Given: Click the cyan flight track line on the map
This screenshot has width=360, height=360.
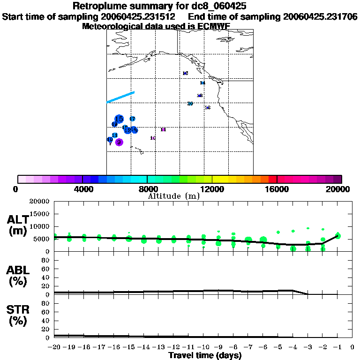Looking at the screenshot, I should click(x=121, y=97).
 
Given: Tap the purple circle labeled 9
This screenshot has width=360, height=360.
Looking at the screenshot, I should click(x=119, y=142).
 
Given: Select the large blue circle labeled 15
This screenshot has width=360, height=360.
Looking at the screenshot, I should click(x=119, y=119).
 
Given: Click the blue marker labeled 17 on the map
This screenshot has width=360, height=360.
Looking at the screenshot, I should click(x=132, y=119).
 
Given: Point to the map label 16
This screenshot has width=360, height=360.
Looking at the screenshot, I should click(x=185, y=73).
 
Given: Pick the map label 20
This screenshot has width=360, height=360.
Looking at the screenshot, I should click(x=190, y=104).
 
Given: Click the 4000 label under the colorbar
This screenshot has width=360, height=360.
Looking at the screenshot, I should click(x=82, y=189).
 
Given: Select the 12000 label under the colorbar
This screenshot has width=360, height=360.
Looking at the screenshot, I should click(x=212, y=189).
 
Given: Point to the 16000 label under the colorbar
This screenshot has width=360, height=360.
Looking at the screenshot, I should click(x=277, y=189).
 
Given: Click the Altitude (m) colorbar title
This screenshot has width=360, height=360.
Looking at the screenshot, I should click(x=173, y=196).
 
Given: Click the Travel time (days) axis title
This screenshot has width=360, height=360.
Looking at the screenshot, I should click(x=205, y=356).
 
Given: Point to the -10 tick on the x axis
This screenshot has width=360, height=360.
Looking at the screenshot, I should click(x=203, y=347).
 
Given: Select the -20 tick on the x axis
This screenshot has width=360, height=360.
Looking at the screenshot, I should click(x=54, y=347).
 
